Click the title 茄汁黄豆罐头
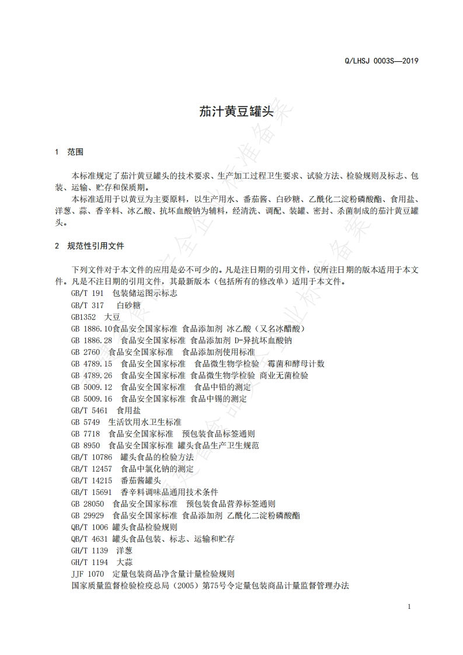point(231,112)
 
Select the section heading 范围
point(75,152)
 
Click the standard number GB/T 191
point(87,294)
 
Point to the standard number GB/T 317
point(87,305)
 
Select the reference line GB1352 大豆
point(95,317)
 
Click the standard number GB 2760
point(87,352)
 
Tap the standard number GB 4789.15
point(91,364)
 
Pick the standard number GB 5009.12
point(91,387)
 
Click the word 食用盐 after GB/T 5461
point(128,410)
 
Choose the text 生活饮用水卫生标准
point(145,422)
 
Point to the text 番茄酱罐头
point(140,480)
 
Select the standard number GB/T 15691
point(91,492)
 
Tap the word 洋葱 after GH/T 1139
point(124,551)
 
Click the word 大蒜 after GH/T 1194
point(124,562)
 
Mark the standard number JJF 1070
point(87,574)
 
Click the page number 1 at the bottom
point(409,607)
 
